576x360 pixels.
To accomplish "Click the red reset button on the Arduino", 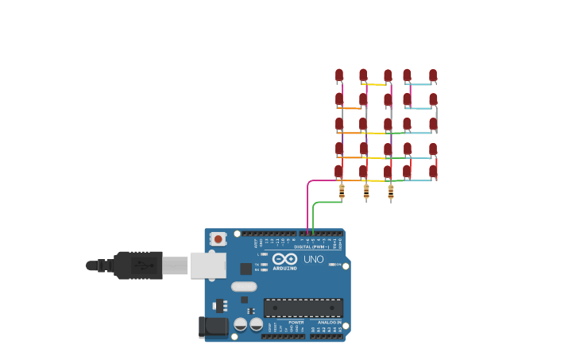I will click(218, 238).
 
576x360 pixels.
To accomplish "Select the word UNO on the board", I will click(314, 259).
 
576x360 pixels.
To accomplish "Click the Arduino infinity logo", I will click(284, 259).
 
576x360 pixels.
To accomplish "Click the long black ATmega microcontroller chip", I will click(303, 308).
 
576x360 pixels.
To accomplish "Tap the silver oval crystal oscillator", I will click(244, 286).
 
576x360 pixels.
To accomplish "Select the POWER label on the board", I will click(296, 322).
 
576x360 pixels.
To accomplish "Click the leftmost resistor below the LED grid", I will click(342, 192).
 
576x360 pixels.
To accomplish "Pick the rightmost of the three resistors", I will click(390, 192).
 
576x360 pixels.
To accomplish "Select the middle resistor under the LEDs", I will click(366, 192).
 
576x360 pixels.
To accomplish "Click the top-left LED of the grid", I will click(339, 75).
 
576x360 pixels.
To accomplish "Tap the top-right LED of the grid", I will click(433, 75).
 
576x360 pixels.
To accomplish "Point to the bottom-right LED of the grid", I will click(433, 171).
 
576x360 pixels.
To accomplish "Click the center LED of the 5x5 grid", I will click(388, 124).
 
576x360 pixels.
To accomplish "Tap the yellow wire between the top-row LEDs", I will click(375, 84).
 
